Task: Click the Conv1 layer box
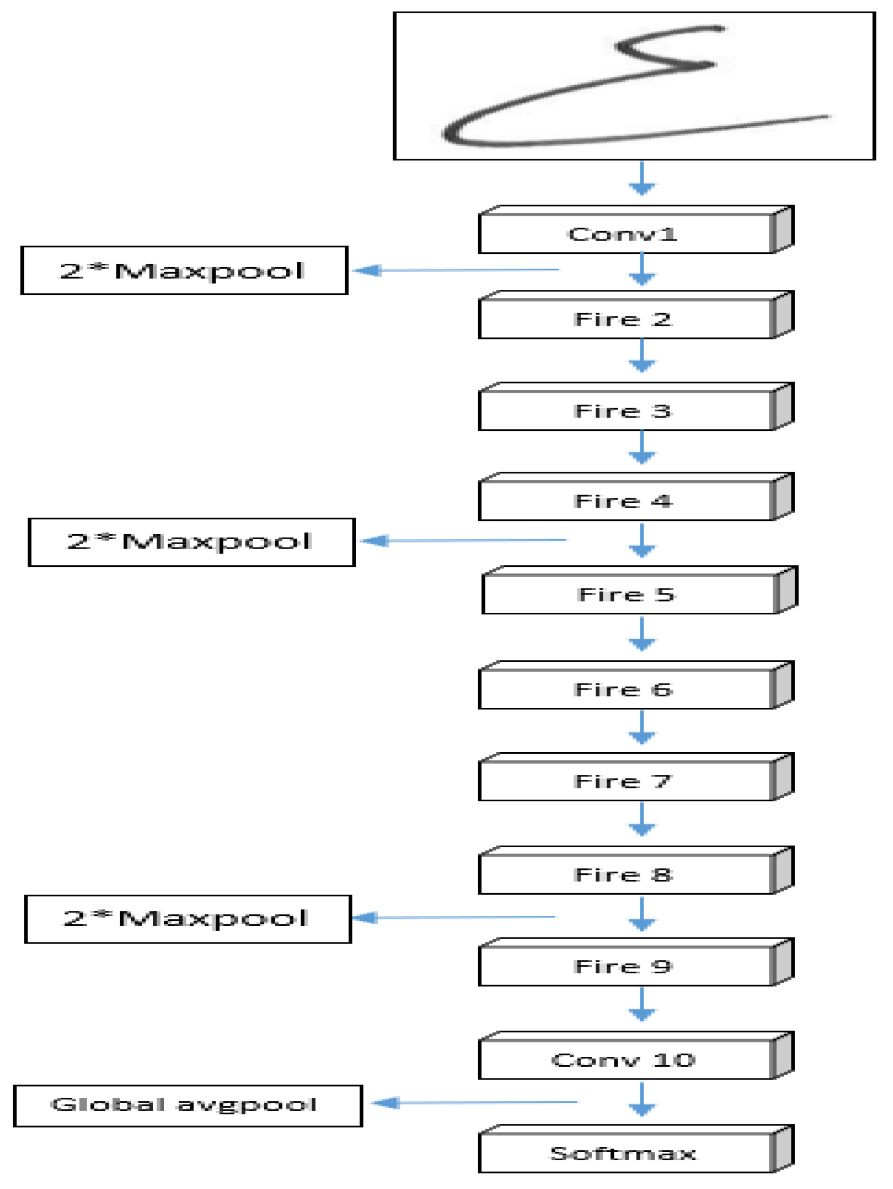(625, 234)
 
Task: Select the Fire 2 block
(625, 319)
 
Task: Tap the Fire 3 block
(625, 411)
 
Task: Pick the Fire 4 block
(625, 501)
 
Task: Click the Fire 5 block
(628, 594)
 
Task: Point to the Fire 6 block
(625, 690)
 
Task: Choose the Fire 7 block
(625, 781)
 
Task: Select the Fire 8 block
(625, 874)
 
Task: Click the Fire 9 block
(625, 966)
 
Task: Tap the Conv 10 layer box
(625, 1060)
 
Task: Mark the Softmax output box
(625, 1153)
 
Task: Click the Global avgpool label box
(188, 1105)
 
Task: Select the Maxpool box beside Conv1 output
(184, 270)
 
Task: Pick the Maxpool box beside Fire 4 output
(191, 542)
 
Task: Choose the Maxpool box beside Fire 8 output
(188, 919)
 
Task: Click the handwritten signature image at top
(634, 86)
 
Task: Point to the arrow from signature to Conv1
(641, 179)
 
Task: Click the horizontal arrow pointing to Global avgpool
(476, 1103)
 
